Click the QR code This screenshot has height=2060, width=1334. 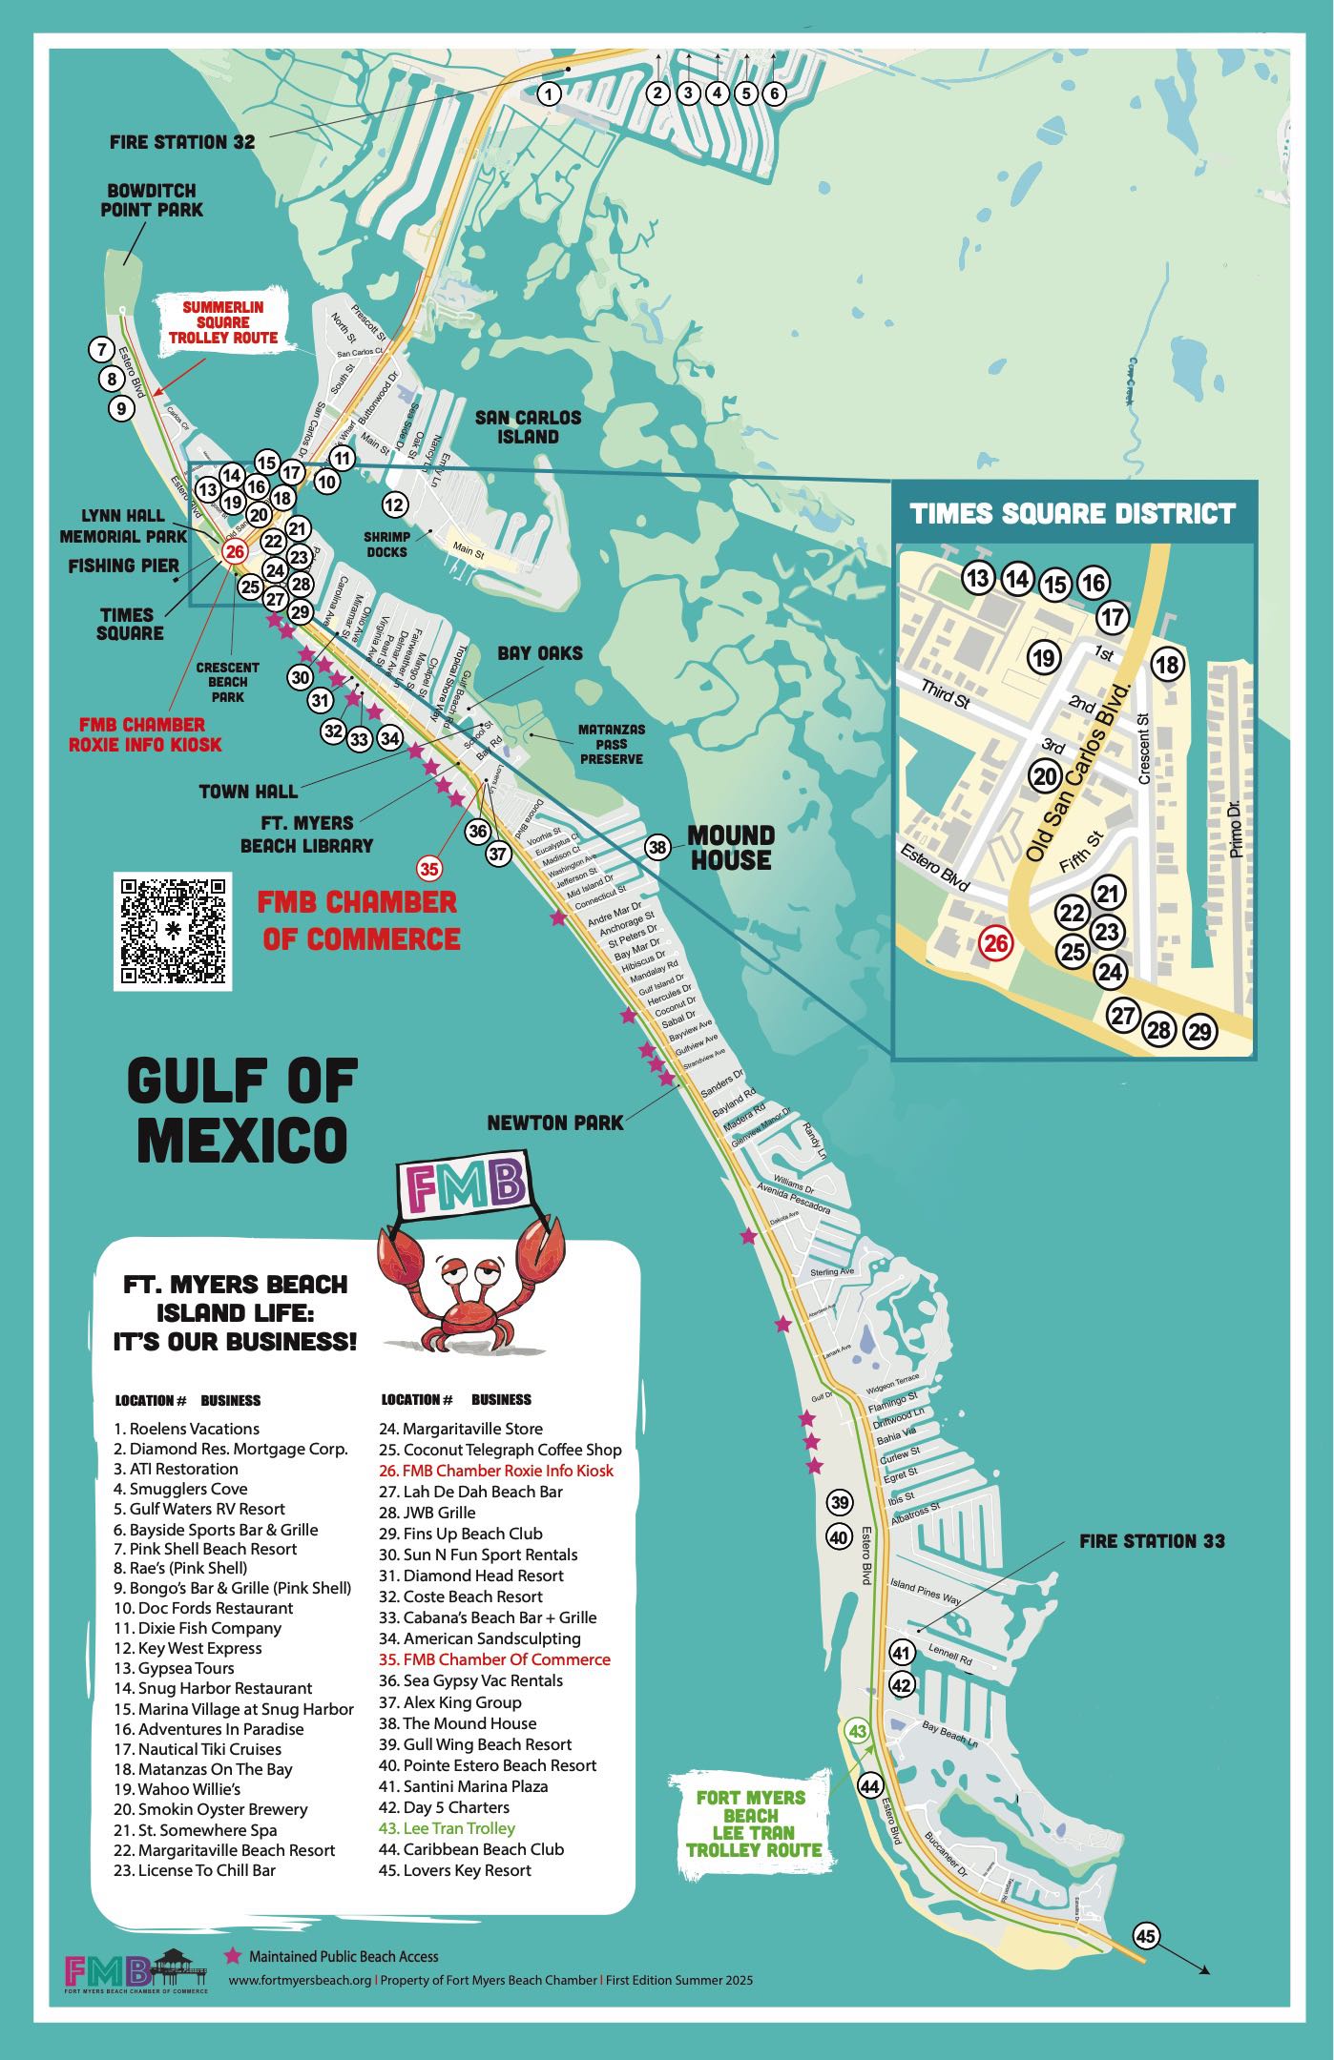coord(172,931)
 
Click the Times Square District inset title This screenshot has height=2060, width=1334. coord(1073,514)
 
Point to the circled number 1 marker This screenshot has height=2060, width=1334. coord(549,93)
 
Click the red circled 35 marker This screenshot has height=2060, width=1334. coord(429,869)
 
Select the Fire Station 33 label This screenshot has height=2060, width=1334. coord(1152,1541)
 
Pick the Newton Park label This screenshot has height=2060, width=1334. coord(554,1123)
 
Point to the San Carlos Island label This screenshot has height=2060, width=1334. coord(529,426)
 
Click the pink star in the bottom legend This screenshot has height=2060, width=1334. coord(232,1956)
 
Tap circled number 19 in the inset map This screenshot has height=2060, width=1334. coord(1045,657)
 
